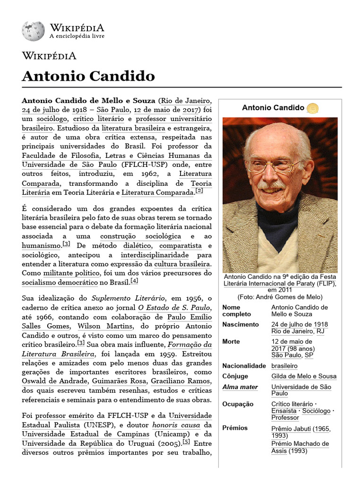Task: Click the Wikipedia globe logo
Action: click(x=33, y=31)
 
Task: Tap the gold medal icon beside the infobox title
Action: click(x=312, y=108)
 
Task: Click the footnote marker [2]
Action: click(x=199, y=191)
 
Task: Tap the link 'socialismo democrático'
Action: click(x=59, y=283)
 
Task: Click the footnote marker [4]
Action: click(x=134, y=281)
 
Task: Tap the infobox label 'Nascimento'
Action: click(x=241, y=325)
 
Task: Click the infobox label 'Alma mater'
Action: click(x=240, y=387)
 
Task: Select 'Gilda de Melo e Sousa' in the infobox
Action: click(x=304, y=376)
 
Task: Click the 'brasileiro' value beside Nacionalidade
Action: click(x=285, y=366)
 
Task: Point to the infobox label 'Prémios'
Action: click(x=235, y=428)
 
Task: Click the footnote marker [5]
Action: click(x=186, y=442)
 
